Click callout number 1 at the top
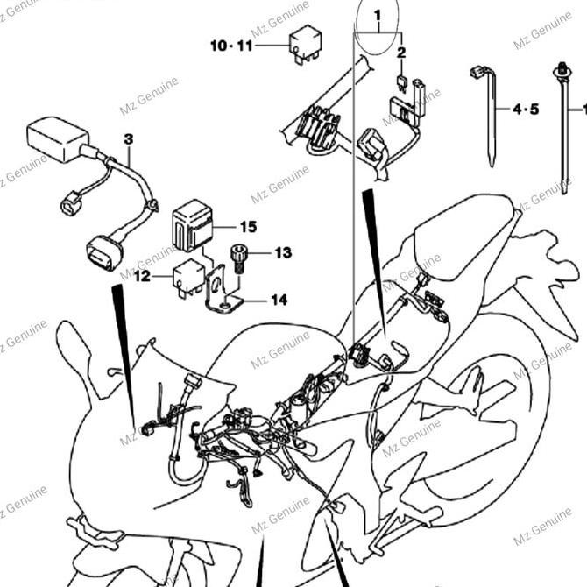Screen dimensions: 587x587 click(378, 16)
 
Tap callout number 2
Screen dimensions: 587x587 click(401, 53)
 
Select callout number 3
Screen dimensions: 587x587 click(129, 139)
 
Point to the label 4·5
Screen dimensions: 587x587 click(527, 110)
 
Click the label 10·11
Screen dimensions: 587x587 click(230, 44)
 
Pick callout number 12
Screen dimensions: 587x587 click(142, 277)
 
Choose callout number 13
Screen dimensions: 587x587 click(282, 254)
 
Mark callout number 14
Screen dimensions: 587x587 click(279, 300)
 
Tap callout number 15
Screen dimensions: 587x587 click(248, 227)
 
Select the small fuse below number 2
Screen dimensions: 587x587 click(400, 83)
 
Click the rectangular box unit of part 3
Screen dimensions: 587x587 click(58, 138)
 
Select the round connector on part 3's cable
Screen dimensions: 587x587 click(68, 204)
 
